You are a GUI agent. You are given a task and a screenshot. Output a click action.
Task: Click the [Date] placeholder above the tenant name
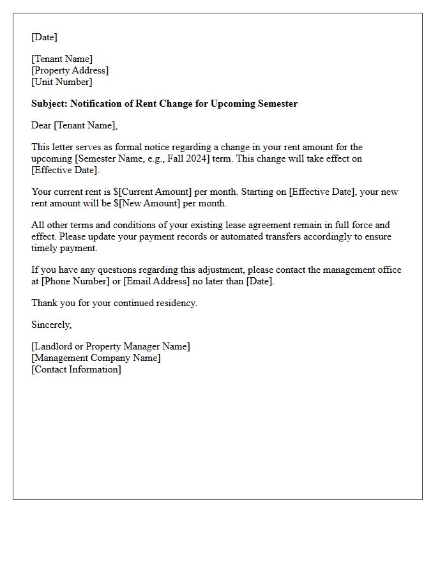point(44,37)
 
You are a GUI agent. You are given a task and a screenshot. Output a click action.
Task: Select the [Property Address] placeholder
point(70,70)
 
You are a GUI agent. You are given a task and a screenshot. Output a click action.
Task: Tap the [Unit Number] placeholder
point(61,82)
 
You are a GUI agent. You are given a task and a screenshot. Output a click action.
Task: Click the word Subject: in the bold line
point(49,103)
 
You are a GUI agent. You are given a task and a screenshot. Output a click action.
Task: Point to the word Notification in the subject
point(99,103)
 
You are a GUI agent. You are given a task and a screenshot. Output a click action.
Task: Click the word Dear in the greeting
point(42,125)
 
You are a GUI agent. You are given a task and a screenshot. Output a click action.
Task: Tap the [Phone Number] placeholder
point(75,281)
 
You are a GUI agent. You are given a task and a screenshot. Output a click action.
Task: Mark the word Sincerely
point(51,325)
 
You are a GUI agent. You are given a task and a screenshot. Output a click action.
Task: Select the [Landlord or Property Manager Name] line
point(110,346)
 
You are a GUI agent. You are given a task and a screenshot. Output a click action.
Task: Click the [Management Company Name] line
point(96,358)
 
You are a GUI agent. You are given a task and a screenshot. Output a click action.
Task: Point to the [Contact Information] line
point(76,369)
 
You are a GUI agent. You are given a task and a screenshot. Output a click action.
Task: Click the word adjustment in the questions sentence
point(225,270)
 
